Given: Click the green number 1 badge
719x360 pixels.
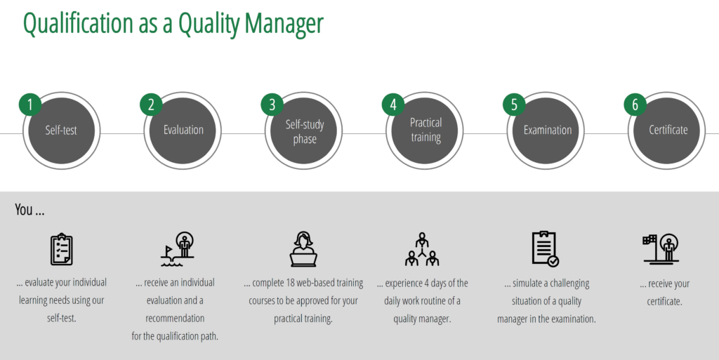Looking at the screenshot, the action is (30, 105).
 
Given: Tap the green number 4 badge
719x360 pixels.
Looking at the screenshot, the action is (393, 105).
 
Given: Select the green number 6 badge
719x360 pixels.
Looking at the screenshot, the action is (635, 105).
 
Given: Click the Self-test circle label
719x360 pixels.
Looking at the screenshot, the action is (61, 131).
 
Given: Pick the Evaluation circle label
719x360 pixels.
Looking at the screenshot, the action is (183, 130).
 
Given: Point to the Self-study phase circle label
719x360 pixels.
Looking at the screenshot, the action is (305, 132).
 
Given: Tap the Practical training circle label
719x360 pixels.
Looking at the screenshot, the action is (426, 131).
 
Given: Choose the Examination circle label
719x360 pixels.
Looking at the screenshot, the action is (548, 130).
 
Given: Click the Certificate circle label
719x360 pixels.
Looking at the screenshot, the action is (668, 130).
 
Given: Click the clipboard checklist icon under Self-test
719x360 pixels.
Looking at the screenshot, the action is (62, 249).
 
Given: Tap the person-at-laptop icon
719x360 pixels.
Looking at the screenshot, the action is (303, 249).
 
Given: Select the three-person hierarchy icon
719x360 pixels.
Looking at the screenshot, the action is (422, 249).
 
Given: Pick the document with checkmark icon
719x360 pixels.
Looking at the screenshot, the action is (545, 248).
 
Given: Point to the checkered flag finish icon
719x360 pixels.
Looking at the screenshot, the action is (661, 249).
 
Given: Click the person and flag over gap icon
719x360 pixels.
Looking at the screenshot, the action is (177, 249).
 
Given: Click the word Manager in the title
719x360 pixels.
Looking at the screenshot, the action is (284, 23).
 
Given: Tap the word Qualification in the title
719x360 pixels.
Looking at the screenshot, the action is (78, 23).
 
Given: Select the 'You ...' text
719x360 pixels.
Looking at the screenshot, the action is (29, 210).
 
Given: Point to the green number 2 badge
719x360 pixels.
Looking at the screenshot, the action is (152, 105).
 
